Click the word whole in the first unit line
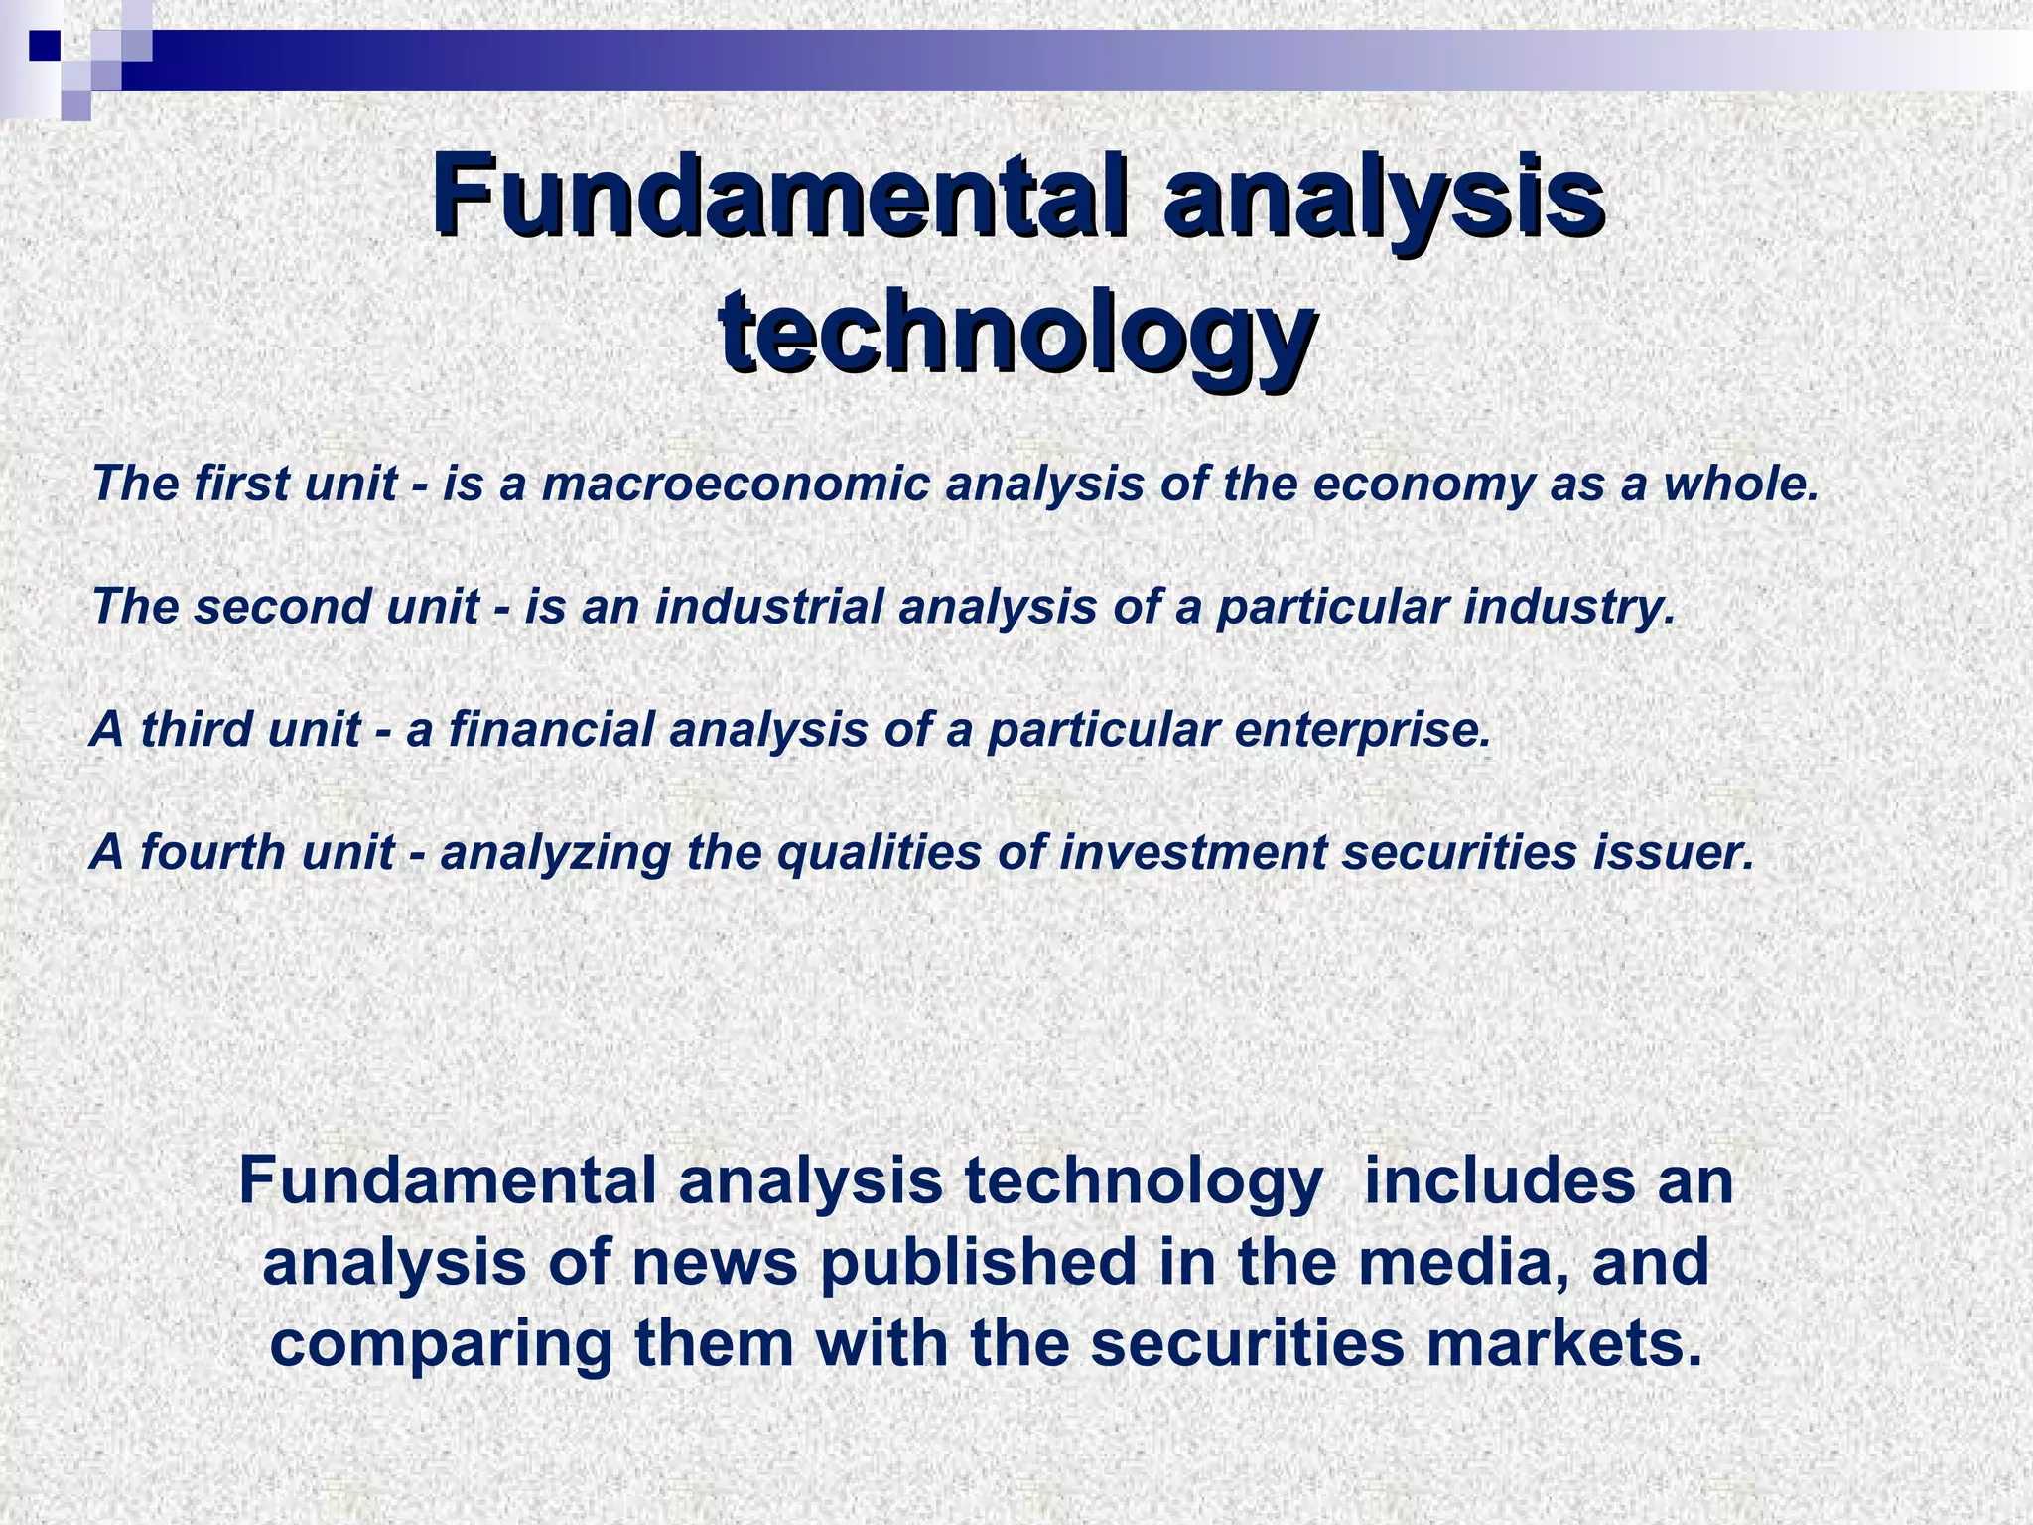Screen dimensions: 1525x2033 click(1742, 485)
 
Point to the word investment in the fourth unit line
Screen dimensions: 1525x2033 click(1191, 853)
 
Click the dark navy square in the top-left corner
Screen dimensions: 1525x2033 click(45, 45)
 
